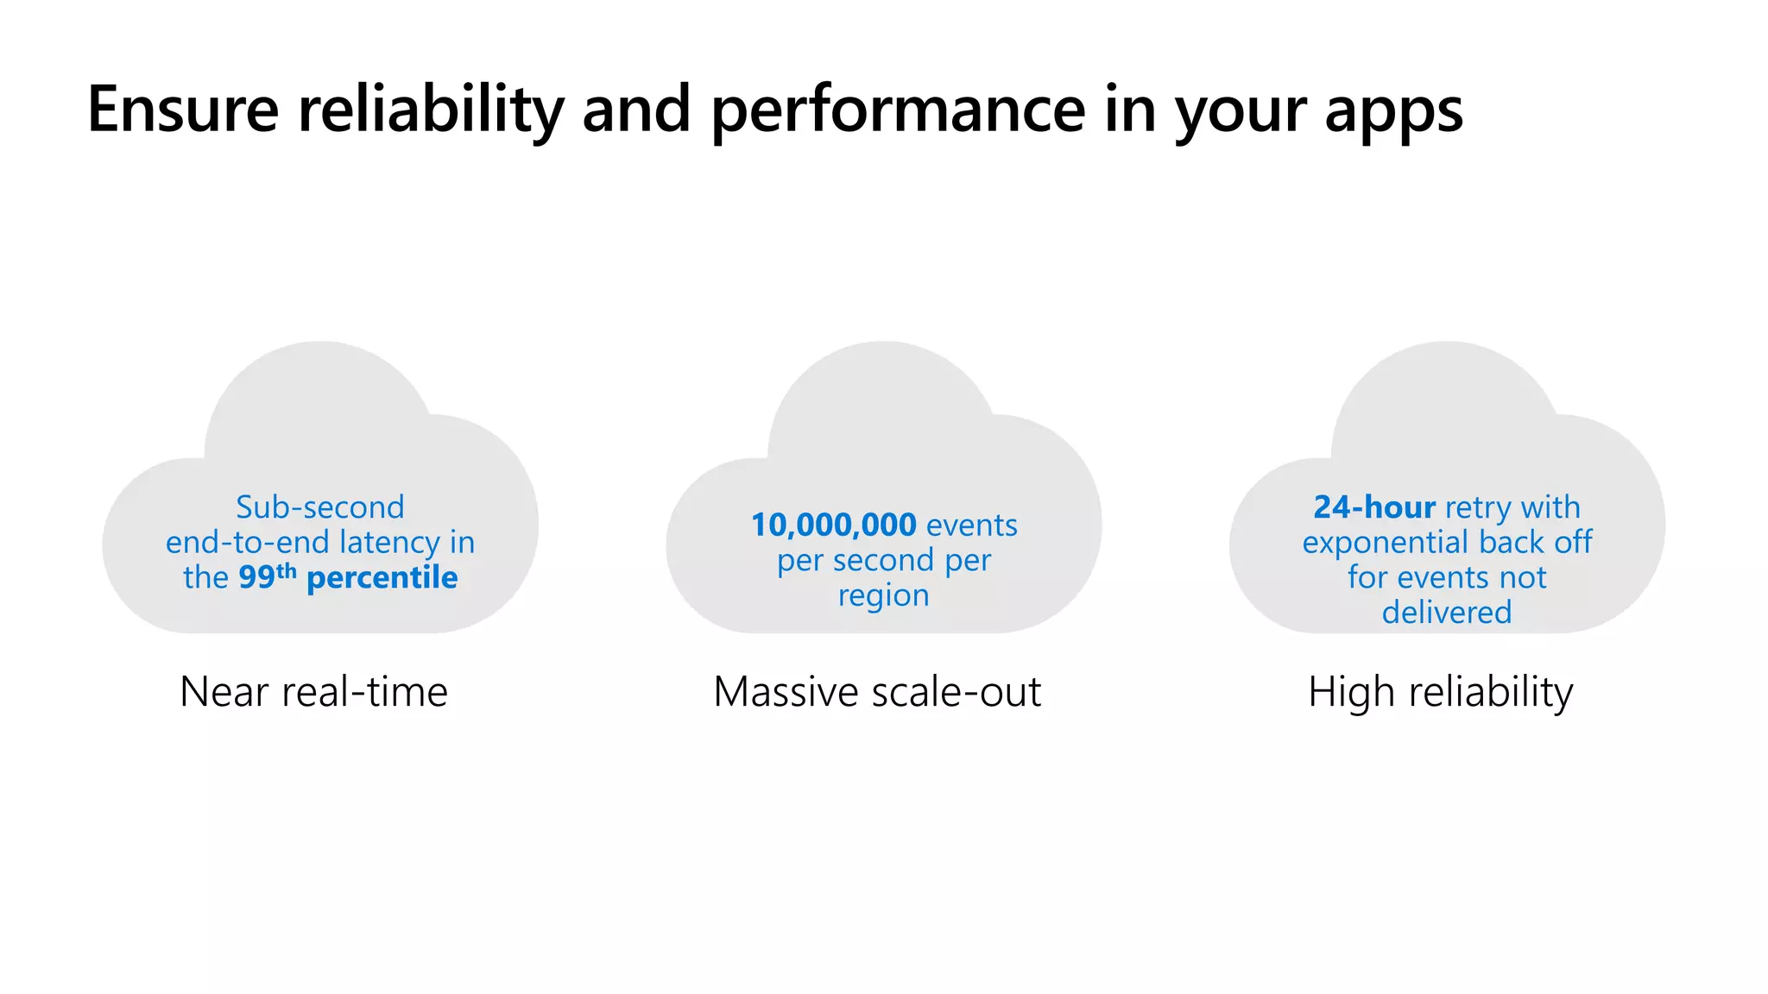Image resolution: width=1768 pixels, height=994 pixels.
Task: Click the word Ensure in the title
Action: pos(183,110)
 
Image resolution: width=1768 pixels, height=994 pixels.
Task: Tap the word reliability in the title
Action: pos(431,110)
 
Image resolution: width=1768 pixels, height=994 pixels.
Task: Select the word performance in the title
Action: pos(898,110)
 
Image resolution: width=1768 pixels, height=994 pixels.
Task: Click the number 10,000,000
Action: pos(833,525)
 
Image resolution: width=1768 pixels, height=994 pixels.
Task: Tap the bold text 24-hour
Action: pos(1374,507)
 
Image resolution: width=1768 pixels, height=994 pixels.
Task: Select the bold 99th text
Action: pos(267,576)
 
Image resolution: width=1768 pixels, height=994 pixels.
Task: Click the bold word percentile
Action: pos(382,578)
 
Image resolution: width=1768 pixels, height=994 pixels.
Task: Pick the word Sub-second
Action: pos(320,507)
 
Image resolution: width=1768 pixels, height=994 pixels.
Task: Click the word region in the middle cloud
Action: pos(883,596)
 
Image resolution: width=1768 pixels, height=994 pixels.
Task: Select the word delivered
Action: pos(1447,613)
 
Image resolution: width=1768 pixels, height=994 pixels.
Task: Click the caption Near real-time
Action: pos(313,692)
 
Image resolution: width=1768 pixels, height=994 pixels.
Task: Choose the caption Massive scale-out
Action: pos(877,692)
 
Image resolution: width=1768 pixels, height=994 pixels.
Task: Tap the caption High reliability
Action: pos(1440,692)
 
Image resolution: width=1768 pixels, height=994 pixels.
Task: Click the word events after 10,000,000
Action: pos(972,525)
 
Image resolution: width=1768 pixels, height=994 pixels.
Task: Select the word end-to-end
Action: pos(248,543)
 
